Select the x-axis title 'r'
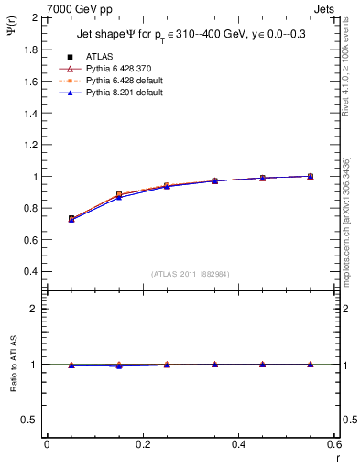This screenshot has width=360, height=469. [337, 457]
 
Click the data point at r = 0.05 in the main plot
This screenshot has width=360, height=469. [71, 219]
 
